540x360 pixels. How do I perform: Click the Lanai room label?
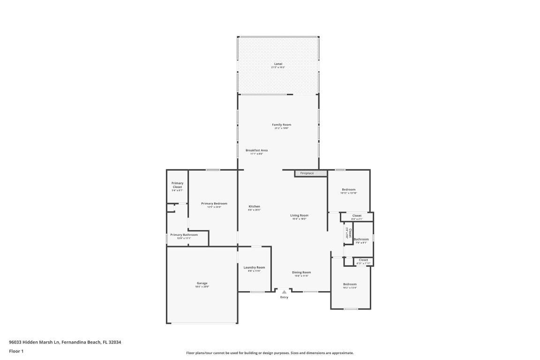click(278, 64)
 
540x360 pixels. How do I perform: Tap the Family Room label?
click(281, 125)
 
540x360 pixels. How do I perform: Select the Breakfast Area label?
click(256, 151)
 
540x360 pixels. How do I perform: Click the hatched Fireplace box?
click(310, 173)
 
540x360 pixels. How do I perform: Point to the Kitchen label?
click(254, 207)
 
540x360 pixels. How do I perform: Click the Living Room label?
click(299, 216)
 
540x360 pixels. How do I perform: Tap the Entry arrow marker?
click(284, 292)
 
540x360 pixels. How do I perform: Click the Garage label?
click(202, 284)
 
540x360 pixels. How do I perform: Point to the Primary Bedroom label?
click(214, 204)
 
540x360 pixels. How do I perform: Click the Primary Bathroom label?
click(184, 235)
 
